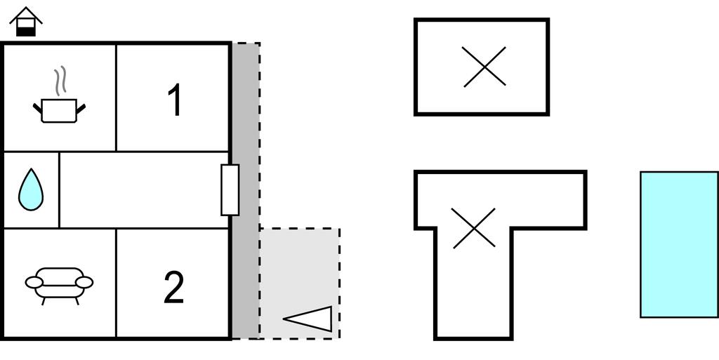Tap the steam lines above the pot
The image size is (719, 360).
[60, 81]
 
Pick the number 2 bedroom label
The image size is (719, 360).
[174, 287]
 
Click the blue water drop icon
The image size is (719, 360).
[31, 189]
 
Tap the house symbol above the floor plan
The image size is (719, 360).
[26, 22]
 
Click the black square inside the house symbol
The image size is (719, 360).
[26, 31]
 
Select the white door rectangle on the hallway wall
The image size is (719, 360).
[230, 189]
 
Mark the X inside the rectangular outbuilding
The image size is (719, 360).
[484, 67]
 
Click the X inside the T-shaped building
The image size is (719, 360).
[474, 228]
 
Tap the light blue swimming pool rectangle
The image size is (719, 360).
[679, 245]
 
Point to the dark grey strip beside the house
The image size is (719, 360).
[245, 191]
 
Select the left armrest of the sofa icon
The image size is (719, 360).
[34, 283]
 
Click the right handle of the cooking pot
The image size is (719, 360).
[81, 109]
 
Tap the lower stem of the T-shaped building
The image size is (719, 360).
[473, 284]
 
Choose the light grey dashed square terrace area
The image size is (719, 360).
[300, 283]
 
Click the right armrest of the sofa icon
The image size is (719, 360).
[84, 283]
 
